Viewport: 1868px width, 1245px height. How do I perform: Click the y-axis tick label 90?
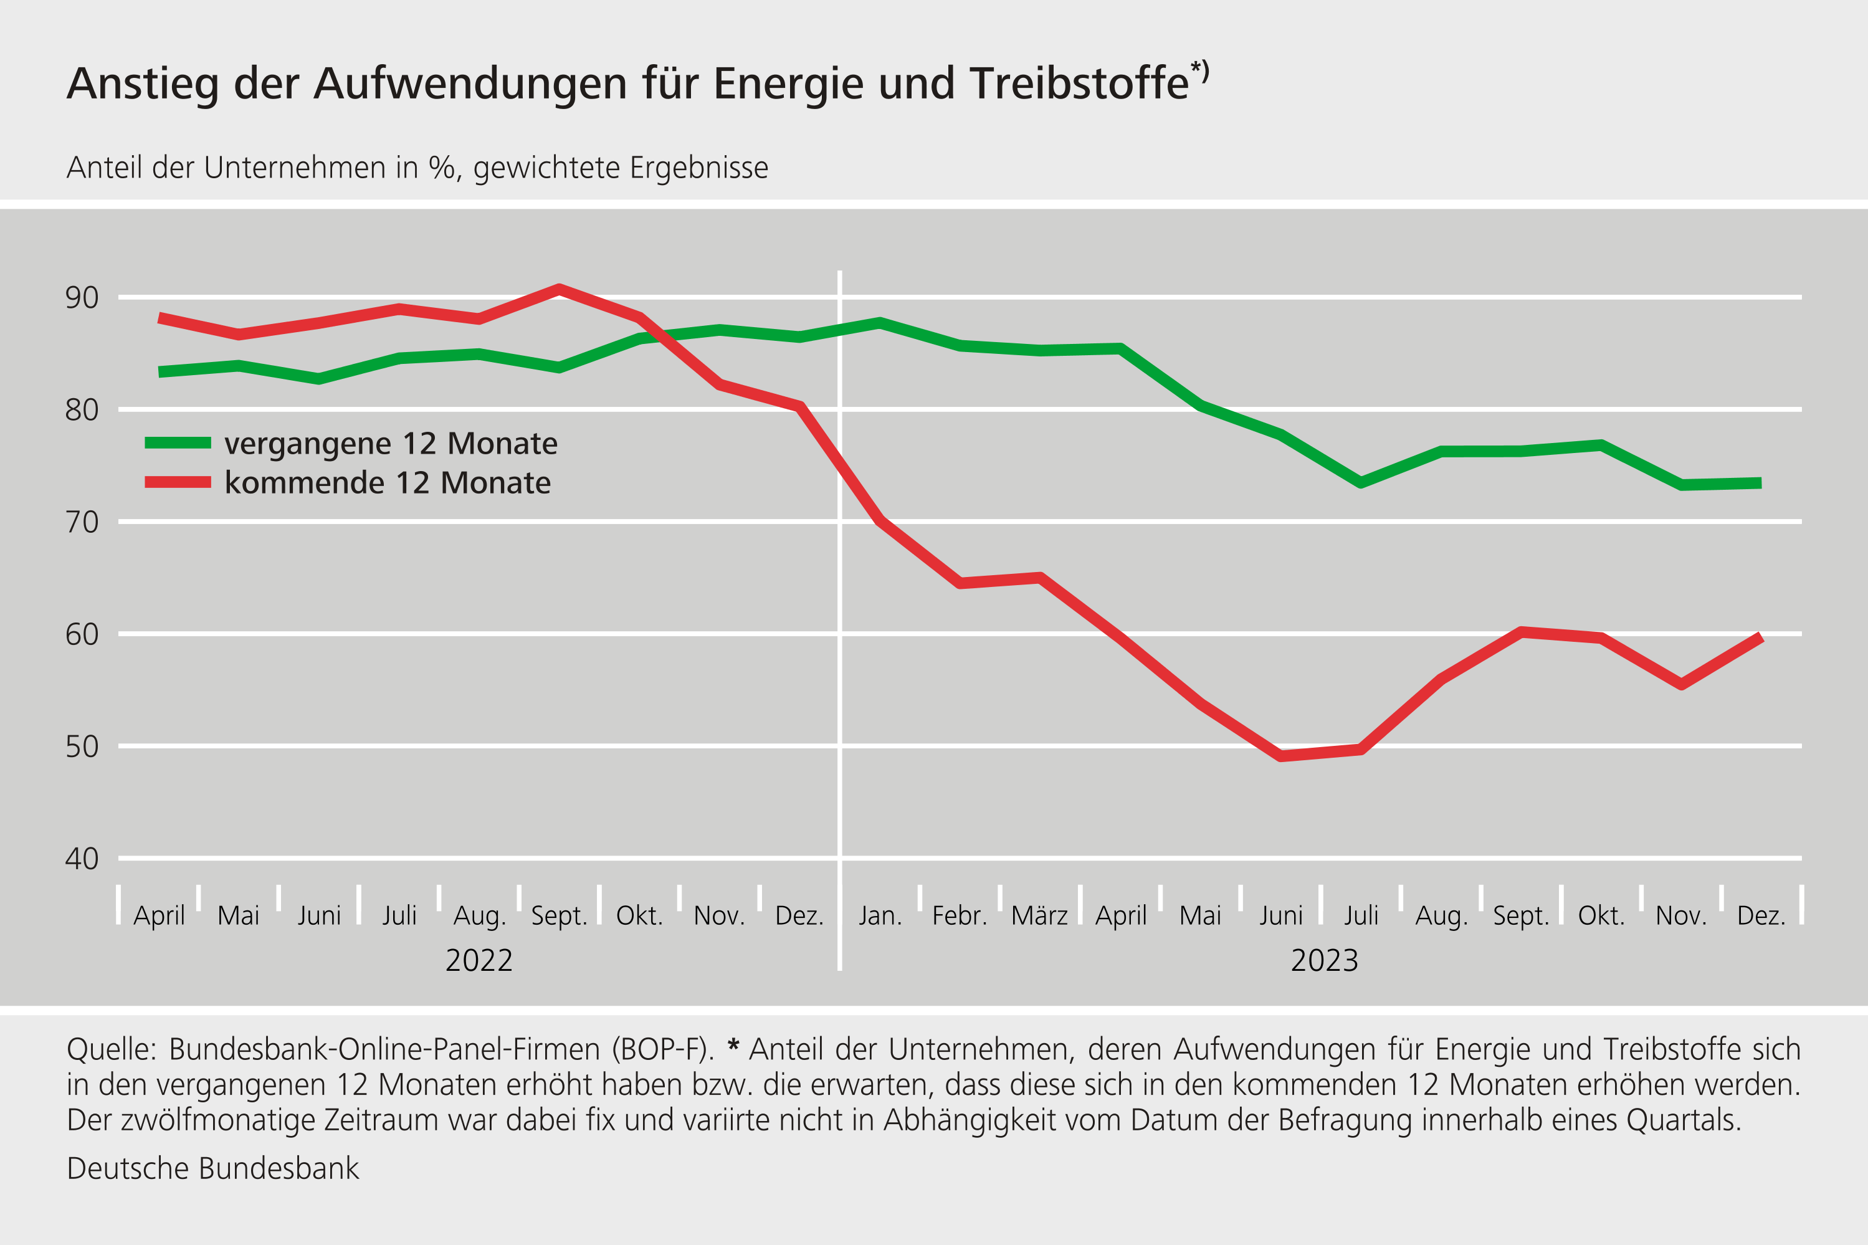pyautogui.click(x=82, y=298)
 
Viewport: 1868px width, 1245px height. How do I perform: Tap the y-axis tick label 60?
pyautogui.click(x=82, y=634)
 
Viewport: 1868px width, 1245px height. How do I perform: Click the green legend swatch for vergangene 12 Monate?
pyautogui.click(x=178, y=443)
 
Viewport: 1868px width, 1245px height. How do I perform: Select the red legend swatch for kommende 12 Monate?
pyautogui.click(x=178, y=482)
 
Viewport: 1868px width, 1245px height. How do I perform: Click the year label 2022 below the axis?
pyautogui.click(x=479, y=961)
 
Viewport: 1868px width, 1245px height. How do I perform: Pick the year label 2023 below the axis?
pyautogui.click(x=1324, y=961)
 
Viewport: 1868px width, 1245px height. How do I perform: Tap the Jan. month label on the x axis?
pyautogui.click(x=880, y=916)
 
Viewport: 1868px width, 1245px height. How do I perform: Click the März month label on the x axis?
pyautogui.click(x=1039, y=916)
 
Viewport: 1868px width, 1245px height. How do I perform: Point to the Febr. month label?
pyautogui.click(x=959, y=916)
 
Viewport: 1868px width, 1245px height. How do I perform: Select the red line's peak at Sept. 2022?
pyautogui.click(x=559, y=289)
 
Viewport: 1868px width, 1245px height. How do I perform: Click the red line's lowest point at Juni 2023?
pyautogui.click(x=1280, y=756)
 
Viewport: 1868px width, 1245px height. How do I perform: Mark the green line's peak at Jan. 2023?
pyautogui.click(x=880, y=322)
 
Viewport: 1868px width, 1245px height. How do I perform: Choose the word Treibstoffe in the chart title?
pyautogui.click(x=1079, y=83)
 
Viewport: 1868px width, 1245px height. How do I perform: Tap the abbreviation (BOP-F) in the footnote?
pyautogui.click(x=663, y=1050)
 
